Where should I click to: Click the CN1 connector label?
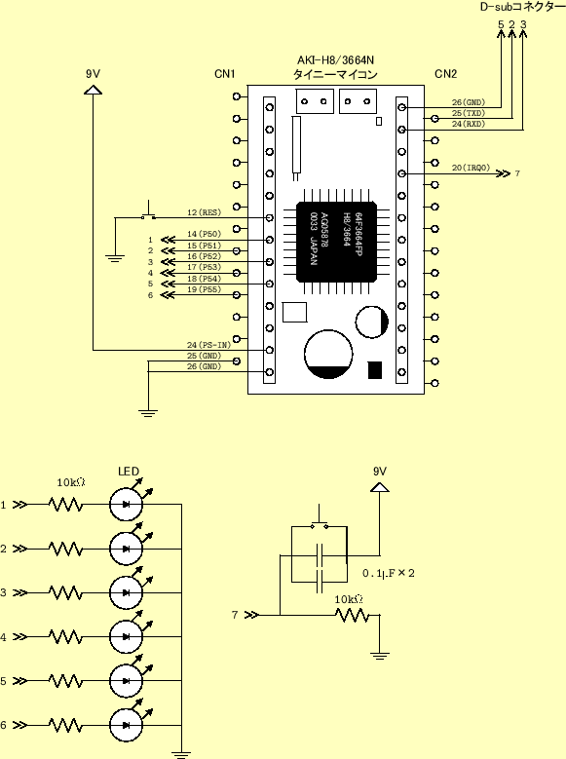pyautogui.click(x=225, y=74)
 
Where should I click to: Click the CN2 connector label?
pyautogui.click(x=445, y=74)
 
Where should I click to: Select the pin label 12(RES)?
pyautogui.click(x=204, y=212)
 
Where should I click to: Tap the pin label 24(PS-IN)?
pyautogui.click(x=209, y=345)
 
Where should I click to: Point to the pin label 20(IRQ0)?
pyautogui.click(x=471, y=168)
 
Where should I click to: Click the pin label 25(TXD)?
pyautogui.click(x=469, y=113)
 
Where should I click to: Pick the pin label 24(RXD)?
pyautogui.click(x=469, y=124)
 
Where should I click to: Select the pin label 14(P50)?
pyautogui.click(x=204, y=234)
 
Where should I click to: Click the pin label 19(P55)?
pyautogui.click(x=204, y=289)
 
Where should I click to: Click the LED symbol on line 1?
pyautogui.click(x=127, y=505)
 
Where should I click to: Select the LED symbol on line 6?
pyautogui.click(x=127, y=725)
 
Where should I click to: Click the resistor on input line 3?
pyautogui.click(x=65, y=592)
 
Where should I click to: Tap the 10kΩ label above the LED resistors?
pyautogui.click(x=70, y=482)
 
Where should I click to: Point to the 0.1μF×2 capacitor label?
pyautogui.click(x=389, y=573)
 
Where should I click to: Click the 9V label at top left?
pyautogui.click(x=94, y=74)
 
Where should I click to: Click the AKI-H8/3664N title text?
pyautogui.click(x=335, y=60)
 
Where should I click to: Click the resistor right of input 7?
pyautogui.click(x=351, y=615)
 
